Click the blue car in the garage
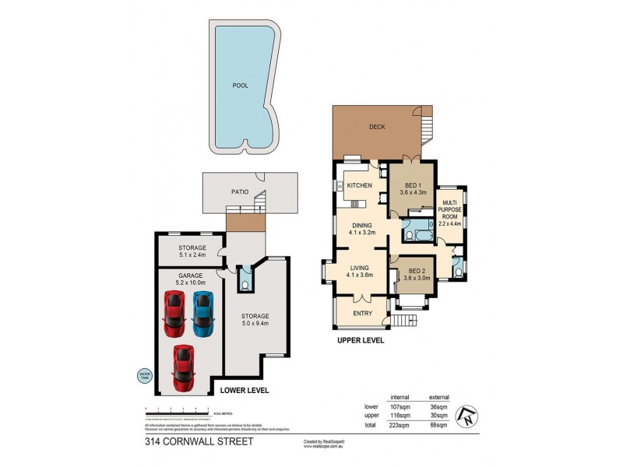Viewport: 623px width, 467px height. [x=202, y=311]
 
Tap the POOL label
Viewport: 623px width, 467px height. [x=241, y=86]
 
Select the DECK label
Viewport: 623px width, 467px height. [x=377, y=127]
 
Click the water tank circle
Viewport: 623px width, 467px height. [x=142, y=375]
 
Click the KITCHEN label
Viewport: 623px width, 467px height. [x=359, y=185]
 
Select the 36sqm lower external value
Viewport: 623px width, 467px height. [x=439, y=406]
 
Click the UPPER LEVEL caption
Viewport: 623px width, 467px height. [x=361, y=340]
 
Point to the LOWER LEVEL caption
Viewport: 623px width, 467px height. [x=245, y=390]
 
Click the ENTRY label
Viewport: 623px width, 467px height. [x=362, y=314]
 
